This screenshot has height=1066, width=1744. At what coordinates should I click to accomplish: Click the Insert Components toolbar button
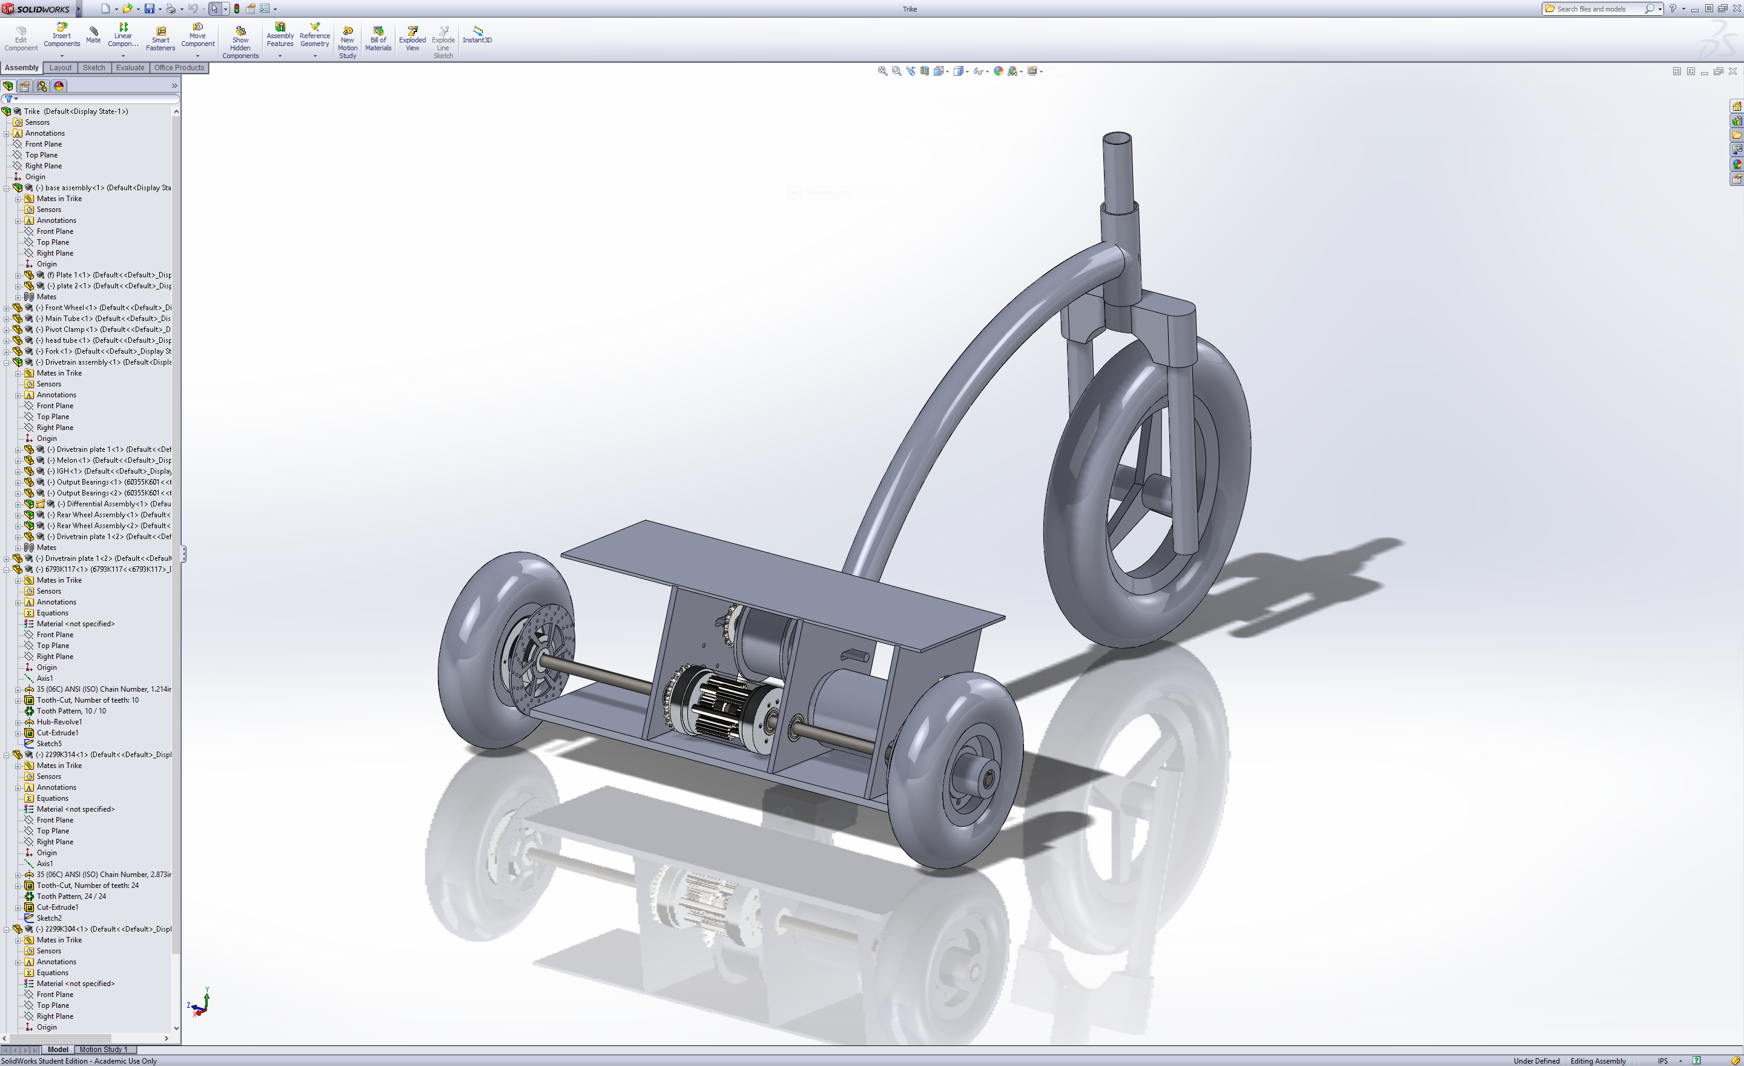pyautogui.click(x=62, y=35)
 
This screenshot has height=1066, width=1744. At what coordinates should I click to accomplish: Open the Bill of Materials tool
pyautogui.click(x=378, y=38)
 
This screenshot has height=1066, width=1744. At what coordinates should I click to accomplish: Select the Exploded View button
pyautogui.click(x=412, y=38)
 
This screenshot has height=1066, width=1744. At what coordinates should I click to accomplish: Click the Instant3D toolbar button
pyautogui.click(x=477, y=35)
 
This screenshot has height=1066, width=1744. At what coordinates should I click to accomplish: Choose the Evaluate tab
pyautogui.click(x=130, y=68)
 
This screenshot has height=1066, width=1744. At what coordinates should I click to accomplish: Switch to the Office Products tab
pyautogui.click(x=179, y=68)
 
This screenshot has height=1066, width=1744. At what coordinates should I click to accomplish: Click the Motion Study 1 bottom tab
pyautogui.click(x=104, y=1049)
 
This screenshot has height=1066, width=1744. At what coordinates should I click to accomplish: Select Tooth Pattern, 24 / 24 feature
pyautogui.click(x=71, y=896)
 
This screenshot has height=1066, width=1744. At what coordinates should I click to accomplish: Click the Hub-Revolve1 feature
pyautogui.click(x=59, y=722)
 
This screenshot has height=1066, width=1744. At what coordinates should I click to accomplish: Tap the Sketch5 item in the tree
pyautogui.click(x=49, y=744)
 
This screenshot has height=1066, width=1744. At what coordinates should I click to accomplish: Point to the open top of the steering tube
pyautogui.click(x=1117, y=137)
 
